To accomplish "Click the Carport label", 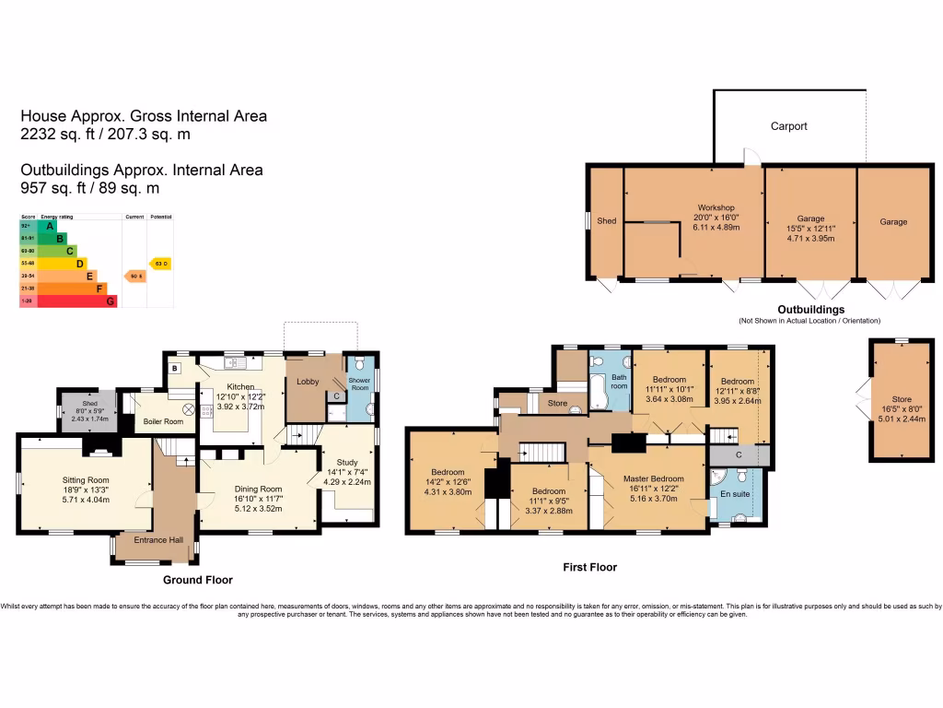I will [788, 126].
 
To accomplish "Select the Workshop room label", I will [716, 207].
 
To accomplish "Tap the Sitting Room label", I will [86, 480].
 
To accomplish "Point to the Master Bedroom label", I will [653, 478].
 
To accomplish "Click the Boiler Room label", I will [163, 421].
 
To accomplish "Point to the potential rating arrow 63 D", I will [161, 264].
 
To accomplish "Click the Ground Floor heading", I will [197, 580].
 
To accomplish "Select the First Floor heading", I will [589, 567].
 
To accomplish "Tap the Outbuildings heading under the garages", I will [810, 309].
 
